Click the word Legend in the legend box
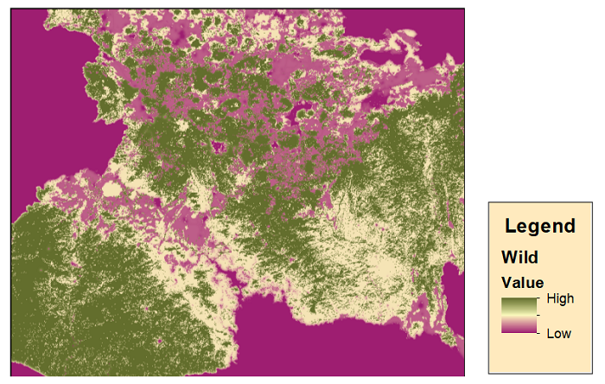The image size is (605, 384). [x=540, y=227]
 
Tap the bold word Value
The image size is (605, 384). [x=524, y=283]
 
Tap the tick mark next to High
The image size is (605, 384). [x=540, y=298]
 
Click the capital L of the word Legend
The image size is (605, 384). [x=511, y=227]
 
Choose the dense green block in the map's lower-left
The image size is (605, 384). [x=78, y=303]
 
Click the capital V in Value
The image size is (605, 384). [x=509, y=283]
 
